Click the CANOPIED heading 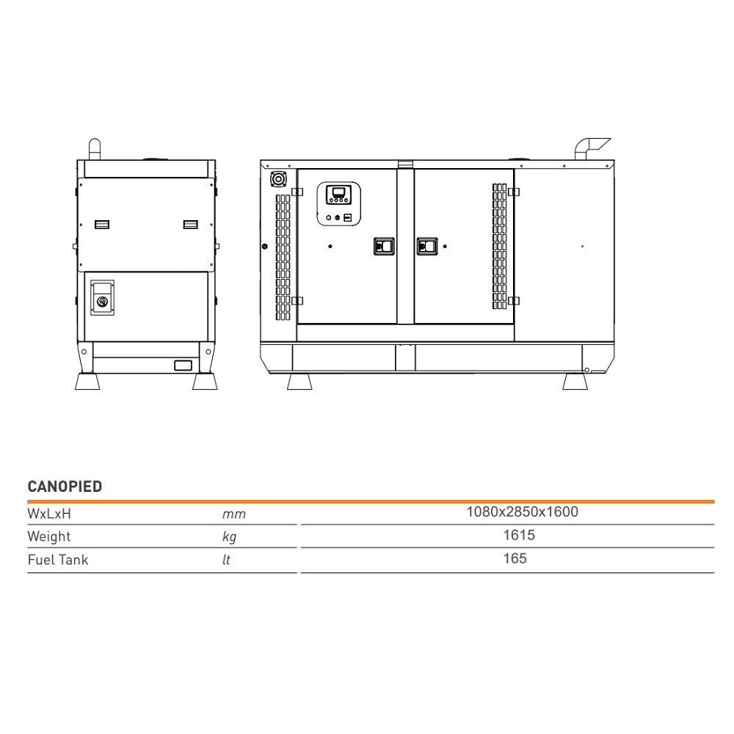click(x=65, y=487)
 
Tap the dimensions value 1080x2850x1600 click(x=522, y=512)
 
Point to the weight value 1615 click(x=519, y=535)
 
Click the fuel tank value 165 click(x=515, y=559)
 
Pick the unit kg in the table click(x=229, y=537)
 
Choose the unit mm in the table click(x=233, y=514)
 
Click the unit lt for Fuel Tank click(x=226, y=560)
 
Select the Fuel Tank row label click(x=57, y=559)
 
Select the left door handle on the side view click(x=385, y=247)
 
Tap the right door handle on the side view click(x=427, y=247)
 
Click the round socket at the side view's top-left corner click(x=280, y=180)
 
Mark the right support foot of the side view click(x=575, y=382)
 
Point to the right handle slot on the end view click(x=190, y=224)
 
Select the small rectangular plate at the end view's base click(x=183, y=365)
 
